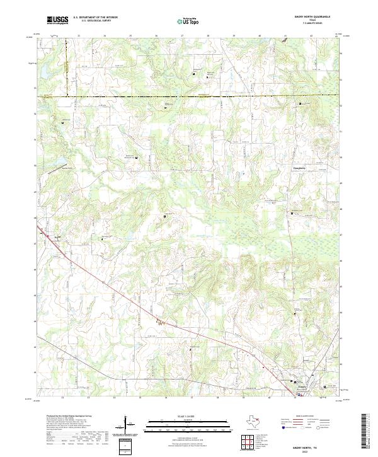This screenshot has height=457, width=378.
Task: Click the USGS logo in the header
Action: (58, 20)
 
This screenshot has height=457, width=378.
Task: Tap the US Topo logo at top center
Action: (187, 21)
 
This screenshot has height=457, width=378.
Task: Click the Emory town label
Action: (302, 385)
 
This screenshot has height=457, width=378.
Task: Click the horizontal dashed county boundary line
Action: (189, 96)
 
